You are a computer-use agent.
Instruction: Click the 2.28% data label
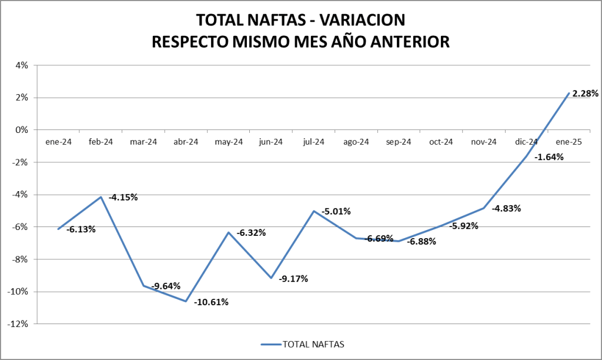[x=585, y=93]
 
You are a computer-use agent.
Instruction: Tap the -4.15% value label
[x=123, y=198]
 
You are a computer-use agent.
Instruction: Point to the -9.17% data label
[x=293, y=278]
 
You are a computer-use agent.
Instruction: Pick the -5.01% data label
[x=336, y=211]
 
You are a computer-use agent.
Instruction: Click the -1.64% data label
[x=549, y=157]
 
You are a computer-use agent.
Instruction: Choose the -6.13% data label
[x=81, y=229]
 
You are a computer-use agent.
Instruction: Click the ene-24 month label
[x=58, y=142]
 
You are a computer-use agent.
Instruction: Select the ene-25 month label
[x=568, y=142]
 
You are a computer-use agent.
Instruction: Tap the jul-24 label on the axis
[x=313, y=142]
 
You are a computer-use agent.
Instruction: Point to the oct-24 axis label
[x=441, y=142]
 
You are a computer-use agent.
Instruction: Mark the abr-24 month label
[x=186, y=142]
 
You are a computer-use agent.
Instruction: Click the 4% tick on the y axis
[x=22, y=65]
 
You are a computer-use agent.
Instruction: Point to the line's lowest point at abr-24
[x=186, y=301]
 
